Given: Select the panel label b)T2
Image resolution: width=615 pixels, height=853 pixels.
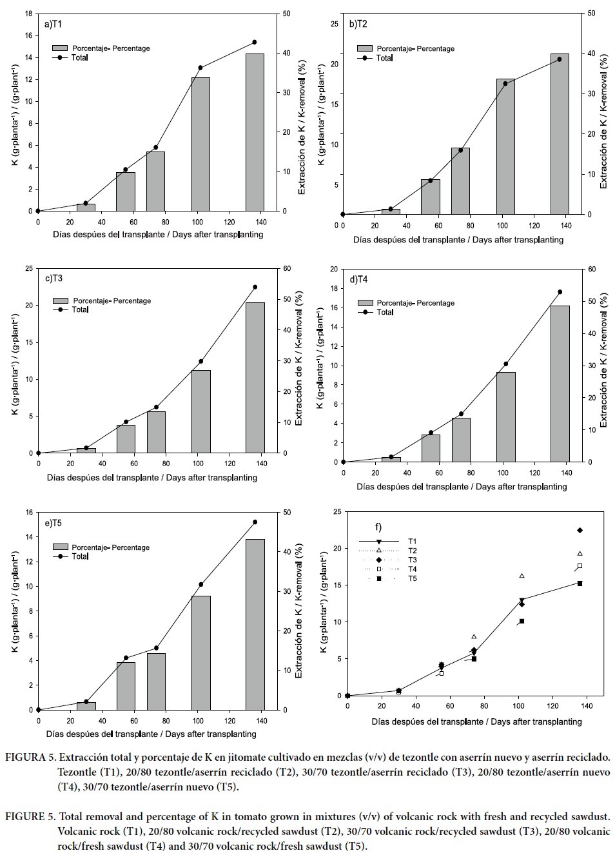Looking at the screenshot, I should pyautogui.click(x=358, y=24).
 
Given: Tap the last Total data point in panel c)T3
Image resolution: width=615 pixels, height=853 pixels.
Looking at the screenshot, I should pyautogui.click(x=255, y=287).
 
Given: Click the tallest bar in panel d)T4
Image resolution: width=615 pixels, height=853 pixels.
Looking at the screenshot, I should pyautogui.click(x=560, y=384).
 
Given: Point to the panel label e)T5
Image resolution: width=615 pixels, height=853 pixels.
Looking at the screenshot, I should pyautogui.click(x=54, y=523).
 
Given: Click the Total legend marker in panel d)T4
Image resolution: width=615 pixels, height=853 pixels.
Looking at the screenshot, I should pyautogui.click(x=366, y=312).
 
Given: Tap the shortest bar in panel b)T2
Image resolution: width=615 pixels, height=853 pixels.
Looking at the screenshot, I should pyautogui.click(x=391, y=211).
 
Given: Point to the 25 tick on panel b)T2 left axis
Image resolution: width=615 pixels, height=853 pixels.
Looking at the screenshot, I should pyautogui.click(x=334, y=24).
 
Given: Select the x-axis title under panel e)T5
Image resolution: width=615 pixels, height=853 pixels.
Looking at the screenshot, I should pyautogui.click(x=151, y=734).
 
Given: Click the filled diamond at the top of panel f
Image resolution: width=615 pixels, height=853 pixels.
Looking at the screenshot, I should pyautogui.click(x=580, y=530).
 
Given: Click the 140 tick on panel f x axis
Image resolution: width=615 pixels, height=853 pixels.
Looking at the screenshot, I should pyautogui.click(x=586, y=707).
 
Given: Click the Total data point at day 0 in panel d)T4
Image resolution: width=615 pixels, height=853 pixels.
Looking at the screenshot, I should pyautogui.click(x=343, y=462).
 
